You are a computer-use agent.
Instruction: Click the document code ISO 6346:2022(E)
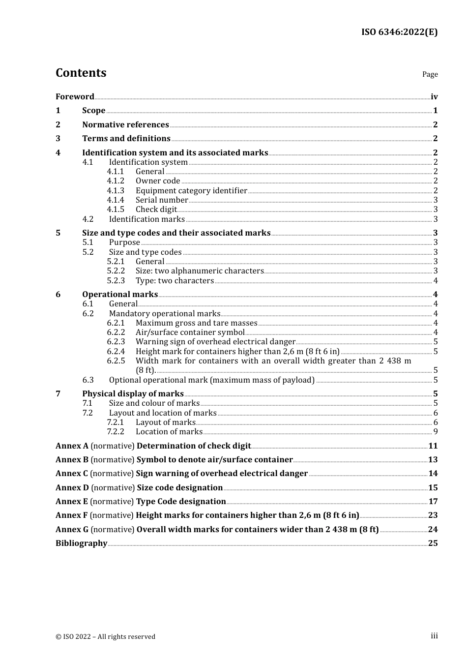pos(399,32)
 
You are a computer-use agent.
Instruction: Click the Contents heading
pos(81,73)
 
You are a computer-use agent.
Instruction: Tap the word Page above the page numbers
pos(430,74)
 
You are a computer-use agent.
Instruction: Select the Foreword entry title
pos(75,96)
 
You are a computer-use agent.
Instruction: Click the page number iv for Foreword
pos(434,97)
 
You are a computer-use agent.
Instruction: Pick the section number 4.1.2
pos(116,181)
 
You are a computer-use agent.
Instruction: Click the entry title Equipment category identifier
pos(191,191)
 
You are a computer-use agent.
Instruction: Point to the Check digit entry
pos(156,210)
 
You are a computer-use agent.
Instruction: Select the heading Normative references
pos(125,125)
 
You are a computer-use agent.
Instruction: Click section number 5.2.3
pos(116,281)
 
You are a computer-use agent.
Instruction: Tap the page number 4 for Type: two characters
pos(436,281)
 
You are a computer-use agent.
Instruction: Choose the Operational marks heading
pos(120,295)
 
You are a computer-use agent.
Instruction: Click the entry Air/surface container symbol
pos(190,332)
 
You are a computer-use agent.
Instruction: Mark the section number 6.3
pos(88,380)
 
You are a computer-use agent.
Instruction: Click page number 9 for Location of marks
pos(436,432)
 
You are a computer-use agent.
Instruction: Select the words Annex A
pos(72,446)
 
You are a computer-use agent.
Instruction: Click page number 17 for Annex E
pos(433,502)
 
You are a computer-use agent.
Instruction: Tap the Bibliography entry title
pos(81,543)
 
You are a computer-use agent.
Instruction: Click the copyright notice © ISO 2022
pos(105,636)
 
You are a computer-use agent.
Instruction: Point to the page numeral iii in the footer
pos(434,636)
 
